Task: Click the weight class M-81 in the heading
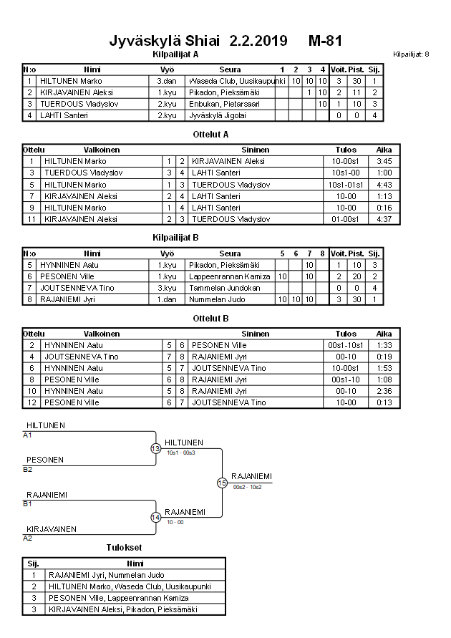pos(325,41)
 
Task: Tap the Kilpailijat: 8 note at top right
pos(411,54)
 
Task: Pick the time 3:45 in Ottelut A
pos(384,162)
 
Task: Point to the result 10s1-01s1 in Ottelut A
pos(346,185)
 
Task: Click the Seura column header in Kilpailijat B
pos(230,253)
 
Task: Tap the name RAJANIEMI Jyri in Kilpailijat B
pos(68,299)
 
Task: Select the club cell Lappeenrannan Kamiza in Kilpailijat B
pos(230,276)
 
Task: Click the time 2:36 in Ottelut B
pos(384,391)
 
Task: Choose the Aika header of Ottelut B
pos(384,334)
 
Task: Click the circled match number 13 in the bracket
pos(155,448)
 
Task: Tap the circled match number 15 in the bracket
pos(222,483)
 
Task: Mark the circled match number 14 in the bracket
pos(155,517)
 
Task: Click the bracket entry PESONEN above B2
pos(45,460)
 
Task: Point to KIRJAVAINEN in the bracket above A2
pos(51,528)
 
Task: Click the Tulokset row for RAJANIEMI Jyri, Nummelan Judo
pos(107,574)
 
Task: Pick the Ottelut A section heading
pos(210,134)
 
